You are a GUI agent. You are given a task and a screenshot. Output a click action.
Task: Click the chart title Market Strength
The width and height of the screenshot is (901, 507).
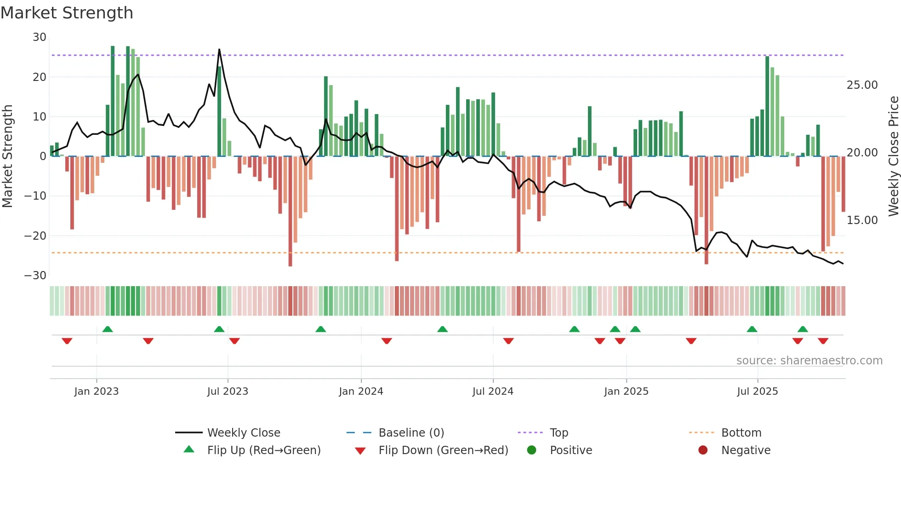click(x=67, y=13)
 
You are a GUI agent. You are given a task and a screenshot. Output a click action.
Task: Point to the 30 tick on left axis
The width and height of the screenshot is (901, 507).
click(x=40, y=37)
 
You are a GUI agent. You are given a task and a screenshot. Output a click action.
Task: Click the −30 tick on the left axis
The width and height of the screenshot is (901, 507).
click(x=35, y=276)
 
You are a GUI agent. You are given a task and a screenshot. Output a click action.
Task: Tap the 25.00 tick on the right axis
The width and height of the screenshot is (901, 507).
click(x=862, y=85)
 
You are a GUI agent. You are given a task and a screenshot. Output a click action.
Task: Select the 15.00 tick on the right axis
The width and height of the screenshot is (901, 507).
click(x=862, y=220)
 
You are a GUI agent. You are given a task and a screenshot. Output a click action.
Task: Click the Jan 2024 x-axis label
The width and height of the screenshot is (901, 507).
click(x=361, y=392)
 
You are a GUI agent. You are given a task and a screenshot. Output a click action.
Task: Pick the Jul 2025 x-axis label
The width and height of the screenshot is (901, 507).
click(x=757, y=392)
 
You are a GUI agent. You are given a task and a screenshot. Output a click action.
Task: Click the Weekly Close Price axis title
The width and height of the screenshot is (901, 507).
click(x=893, y=156)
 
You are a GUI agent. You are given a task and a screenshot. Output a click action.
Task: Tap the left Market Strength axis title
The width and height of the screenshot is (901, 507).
click(x=8, y=156)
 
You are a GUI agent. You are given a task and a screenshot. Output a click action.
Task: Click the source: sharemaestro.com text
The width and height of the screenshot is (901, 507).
click(x=809, y=361)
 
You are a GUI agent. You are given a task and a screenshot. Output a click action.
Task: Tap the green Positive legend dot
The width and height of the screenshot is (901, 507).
click(x=532, y=450)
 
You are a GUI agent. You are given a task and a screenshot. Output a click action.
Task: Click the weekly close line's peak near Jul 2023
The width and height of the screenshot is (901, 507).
click(x=219, y=49)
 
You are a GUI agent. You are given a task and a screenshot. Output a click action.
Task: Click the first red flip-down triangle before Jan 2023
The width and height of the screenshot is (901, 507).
click(x=67, y=341)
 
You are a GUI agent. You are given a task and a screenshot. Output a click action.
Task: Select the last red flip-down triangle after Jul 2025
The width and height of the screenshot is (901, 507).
click(x=823, y=341)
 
